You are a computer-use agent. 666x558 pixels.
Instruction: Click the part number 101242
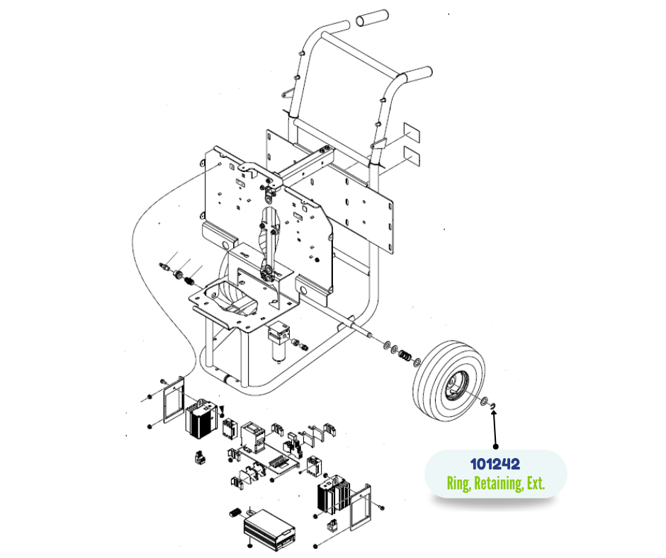495,464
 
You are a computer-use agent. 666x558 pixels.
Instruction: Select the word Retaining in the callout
498,483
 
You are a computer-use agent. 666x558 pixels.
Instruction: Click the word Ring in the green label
458,484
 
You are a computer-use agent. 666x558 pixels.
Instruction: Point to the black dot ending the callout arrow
496,446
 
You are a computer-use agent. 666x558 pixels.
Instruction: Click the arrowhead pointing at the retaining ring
493,414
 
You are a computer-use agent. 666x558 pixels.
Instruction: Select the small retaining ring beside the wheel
494,406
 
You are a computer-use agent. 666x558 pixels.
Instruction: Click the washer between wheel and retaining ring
484,401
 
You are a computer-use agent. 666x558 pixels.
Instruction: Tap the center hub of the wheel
456,385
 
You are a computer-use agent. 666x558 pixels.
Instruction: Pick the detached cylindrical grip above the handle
372,18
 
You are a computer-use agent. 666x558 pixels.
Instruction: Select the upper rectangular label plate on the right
412,132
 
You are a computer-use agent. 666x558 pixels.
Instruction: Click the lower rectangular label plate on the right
412,156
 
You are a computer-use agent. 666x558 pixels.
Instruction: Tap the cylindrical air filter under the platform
279,342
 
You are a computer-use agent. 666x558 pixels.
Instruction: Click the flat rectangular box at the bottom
269,529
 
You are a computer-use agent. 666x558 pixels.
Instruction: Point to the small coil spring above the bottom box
235,513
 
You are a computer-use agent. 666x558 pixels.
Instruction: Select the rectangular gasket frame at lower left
174,400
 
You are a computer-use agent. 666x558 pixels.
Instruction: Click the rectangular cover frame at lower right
360,507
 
